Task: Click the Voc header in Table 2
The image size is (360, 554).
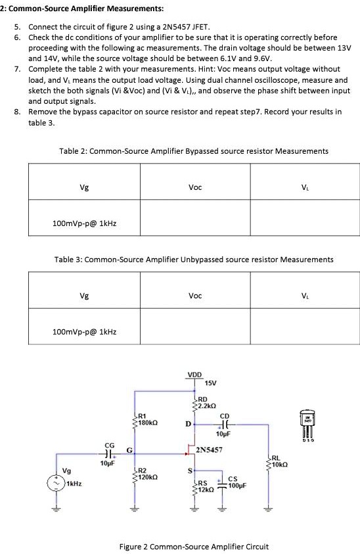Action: (194, 187)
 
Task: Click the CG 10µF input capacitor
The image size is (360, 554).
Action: (110, 453)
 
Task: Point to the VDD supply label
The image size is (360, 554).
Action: (195, 375)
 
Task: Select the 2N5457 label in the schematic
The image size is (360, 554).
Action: (210, 450)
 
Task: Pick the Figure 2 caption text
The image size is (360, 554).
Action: (194, 546)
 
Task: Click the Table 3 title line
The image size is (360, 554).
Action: (194, 260)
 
